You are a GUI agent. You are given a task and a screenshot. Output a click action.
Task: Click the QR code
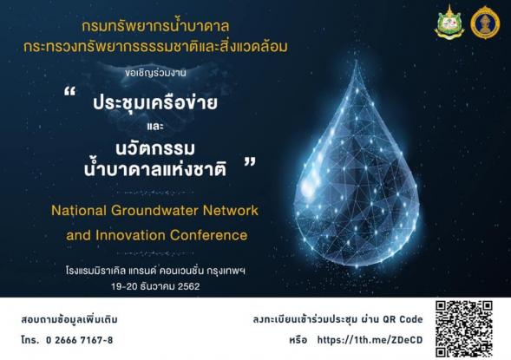tap(464, 329)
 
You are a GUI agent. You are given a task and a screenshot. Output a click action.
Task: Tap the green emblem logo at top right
tap(449, 23)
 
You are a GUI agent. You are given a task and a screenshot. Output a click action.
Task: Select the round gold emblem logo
tap(485, 23)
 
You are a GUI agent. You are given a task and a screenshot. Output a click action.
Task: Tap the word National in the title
tap(79, 211)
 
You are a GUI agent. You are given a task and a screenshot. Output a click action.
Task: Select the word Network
tap(231, 211)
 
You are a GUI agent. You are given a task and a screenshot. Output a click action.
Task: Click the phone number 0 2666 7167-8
tap(80, 340)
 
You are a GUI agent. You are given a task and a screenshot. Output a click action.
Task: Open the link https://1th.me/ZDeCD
tap(370, 340)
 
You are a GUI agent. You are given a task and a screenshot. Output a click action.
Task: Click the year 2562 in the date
tap(188, 286)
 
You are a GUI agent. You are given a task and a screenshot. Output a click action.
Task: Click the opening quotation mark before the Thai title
tap(69, 92)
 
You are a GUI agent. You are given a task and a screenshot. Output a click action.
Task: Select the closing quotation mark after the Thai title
tap(250, 162)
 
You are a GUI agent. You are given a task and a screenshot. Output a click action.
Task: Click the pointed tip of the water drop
tap(357, 62)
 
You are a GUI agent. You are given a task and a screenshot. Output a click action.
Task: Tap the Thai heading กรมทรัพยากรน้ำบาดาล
tap(155, 26)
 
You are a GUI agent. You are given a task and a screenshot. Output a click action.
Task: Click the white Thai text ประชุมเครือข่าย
tap(155, 102)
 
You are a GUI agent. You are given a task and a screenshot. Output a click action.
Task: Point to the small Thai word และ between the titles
tap(155, 126)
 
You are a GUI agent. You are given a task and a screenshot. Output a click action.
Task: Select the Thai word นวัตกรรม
tap(155, 148)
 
